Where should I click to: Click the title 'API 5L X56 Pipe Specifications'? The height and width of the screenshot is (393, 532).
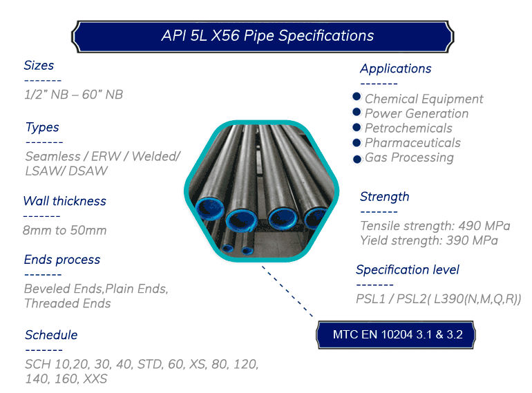click(x=267, y=36)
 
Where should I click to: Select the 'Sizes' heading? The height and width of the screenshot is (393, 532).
click(x=39, y=65)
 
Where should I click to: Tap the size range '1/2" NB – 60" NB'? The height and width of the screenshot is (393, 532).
click(x=74, y=95)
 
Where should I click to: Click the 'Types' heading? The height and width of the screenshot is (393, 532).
click(x=42, y=128)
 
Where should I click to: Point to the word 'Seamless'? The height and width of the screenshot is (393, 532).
click(x=53, y=156)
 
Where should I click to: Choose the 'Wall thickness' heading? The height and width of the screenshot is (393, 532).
click(x=65, y=201)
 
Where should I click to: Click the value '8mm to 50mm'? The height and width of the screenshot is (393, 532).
click(x=65, y=230)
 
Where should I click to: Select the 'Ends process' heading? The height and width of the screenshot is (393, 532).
click(x=62, y=260)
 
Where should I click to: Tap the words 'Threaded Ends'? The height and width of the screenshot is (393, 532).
click(x=68, y=303)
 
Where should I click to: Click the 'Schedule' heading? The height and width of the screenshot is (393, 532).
click(x=51, y=335)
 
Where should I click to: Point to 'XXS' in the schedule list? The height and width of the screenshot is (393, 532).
click(x=95, y=378)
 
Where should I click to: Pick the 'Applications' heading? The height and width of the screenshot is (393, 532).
click(x=396, y=69)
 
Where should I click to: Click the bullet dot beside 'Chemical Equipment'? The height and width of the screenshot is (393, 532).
click(x=357, y=97)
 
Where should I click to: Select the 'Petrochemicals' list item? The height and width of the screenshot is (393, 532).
click(x=408, y=128)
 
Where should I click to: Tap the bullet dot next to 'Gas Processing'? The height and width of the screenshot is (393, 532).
click(x=357, y=159)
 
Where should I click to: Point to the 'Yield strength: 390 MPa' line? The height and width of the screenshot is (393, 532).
click(x=429, y=240)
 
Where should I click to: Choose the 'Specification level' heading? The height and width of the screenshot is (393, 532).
click(x=408, y=270)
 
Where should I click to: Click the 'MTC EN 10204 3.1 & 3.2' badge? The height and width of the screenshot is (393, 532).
click(x=396, y=335)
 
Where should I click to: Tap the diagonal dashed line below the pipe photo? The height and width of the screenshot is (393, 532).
click(x=287, y=291)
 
